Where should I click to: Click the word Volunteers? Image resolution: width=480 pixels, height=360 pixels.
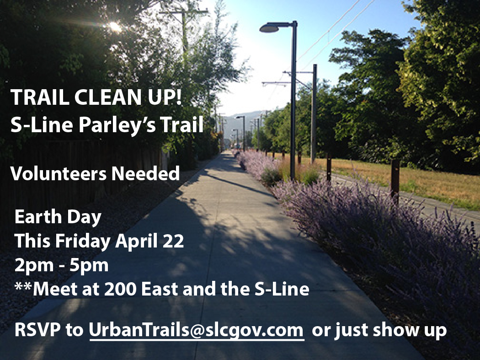click(59, 173)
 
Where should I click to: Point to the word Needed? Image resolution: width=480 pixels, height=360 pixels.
click(145, 173)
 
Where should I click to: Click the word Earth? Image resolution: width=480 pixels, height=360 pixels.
click(38, 217)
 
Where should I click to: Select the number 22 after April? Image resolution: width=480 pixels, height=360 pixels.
click(174, 241)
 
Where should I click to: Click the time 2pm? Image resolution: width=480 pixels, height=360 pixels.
click(34, 266)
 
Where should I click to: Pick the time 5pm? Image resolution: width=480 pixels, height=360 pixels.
click(89, 266)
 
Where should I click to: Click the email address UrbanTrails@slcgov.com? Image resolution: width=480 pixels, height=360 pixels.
click(196, 330)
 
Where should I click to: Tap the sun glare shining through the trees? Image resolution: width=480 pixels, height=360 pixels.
click(115, 27)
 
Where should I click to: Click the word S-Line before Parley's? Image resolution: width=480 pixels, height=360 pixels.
click(42, 125)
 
